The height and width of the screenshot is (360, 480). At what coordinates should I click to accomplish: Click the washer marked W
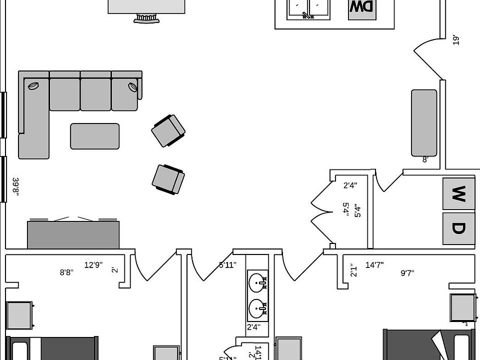458,193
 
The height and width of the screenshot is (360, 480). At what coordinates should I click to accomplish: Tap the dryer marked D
458,228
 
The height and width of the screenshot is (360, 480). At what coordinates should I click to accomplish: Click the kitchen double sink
308,8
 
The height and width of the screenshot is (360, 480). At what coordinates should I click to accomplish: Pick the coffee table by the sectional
94,136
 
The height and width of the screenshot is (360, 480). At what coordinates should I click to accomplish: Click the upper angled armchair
168,130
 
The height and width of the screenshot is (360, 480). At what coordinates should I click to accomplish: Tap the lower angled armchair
168,178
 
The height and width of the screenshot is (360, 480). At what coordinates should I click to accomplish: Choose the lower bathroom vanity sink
258,308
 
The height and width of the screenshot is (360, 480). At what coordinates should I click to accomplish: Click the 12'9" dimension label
93,265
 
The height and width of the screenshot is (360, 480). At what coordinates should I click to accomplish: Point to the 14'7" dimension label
374,265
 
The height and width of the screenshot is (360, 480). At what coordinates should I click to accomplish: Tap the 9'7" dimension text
407,273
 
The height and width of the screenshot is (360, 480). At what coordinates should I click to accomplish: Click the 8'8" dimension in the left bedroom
66,272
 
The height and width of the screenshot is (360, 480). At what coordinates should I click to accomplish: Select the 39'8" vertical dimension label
16,186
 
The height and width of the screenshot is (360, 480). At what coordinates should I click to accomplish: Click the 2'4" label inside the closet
350,185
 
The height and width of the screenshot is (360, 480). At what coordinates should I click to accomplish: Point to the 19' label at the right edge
455,40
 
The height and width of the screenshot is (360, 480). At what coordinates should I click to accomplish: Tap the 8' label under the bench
425,160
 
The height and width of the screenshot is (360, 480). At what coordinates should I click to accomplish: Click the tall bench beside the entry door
424,123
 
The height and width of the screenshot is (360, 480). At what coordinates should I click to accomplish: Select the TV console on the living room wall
73,234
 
